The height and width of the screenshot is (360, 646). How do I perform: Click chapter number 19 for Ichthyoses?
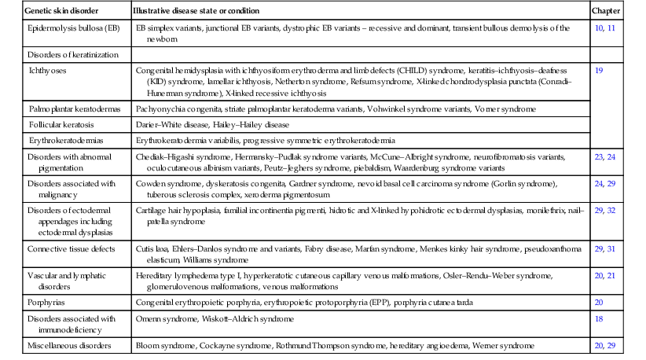[600, 70]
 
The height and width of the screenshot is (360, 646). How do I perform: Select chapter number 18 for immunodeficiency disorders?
[600, 320]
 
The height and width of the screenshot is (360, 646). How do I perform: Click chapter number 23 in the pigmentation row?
[599, 157]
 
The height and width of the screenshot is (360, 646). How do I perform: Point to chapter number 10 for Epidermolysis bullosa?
[599, 27]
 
